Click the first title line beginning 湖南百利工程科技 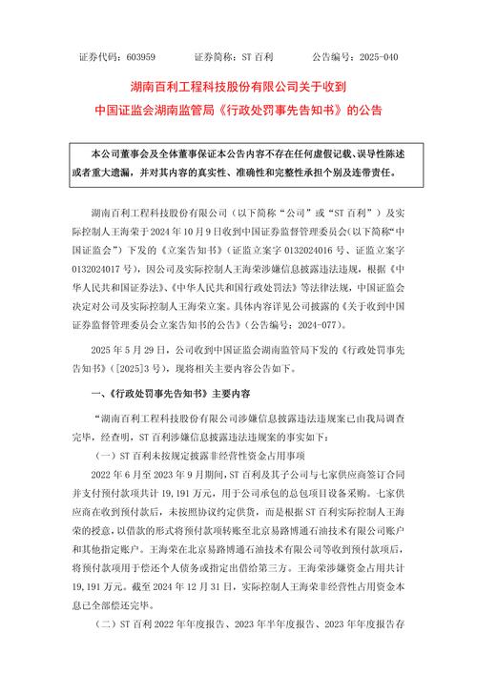238,86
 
